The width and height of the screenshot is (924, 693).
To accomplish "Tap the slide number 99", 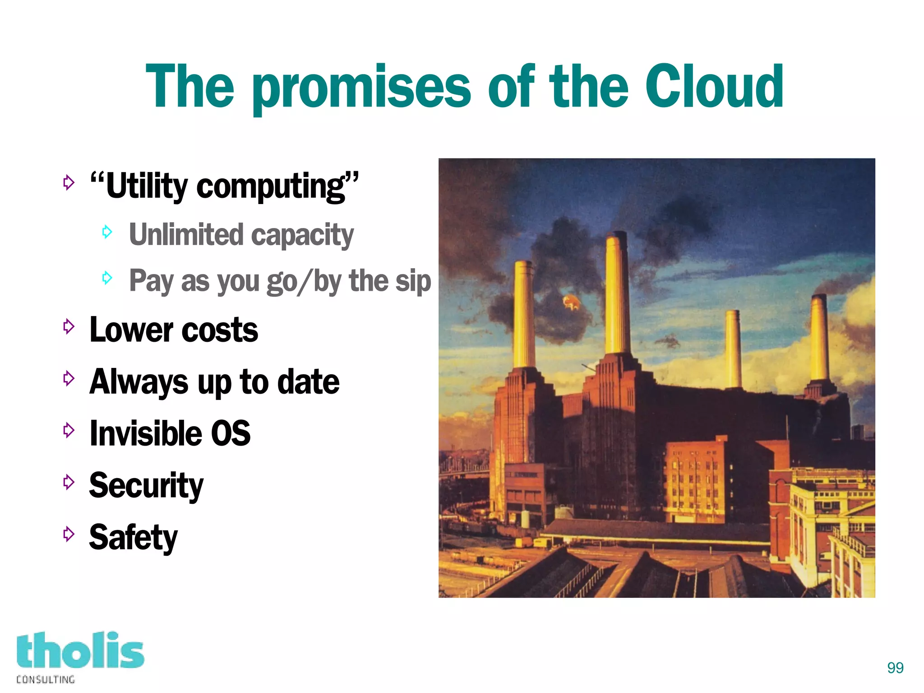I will tap(895, 667).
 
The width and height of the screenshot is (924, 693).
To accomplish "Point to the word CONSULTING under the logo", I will tap(46, 679).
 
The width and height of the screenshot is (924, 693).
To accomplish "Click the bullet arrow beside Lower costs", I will tap(69, 326).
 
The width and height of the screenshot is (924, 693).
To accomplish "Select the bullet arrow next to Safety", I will tap(69, 534).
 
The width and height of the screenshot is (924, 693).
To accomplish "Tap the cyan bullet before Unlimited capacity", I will tap(107, 232).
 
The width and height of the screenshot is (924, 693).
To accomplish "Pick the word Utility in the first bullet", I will tap(147, 186).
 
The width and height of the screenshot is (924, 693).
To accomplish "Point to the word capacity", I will tap(302, 235).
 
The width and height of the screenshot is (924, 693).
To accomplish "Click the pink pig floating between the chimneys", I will tap(571, 302).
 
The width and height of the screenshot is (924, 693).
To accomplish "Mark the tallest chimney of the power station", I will tap(617, 293).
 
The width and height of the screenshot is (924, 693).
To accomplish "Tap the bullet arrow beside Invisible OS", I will tap(69, 430).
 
